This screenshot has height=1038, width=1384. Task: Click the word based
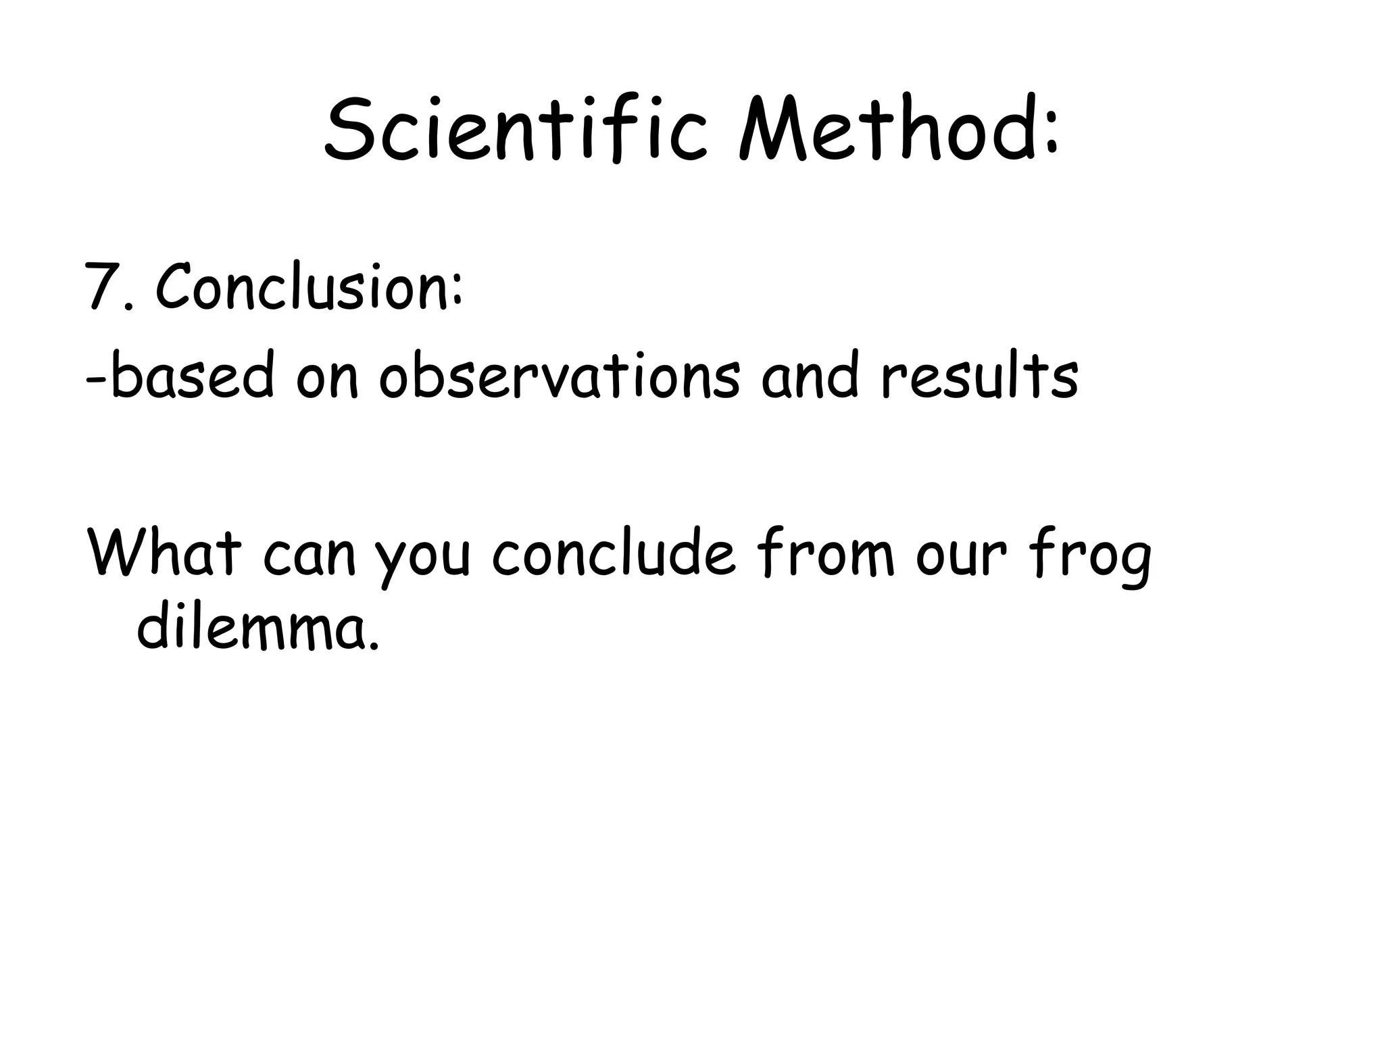point(193,376)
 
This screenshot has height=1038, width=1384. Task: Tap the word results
point(979,376)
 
